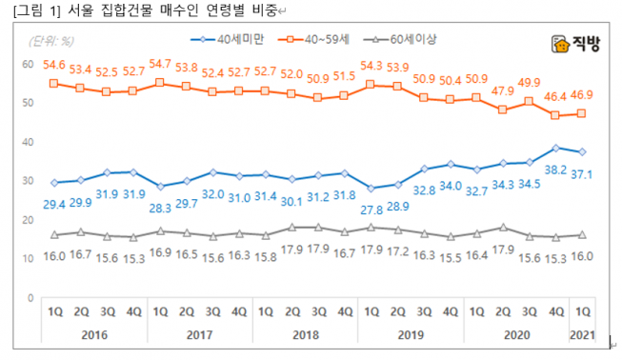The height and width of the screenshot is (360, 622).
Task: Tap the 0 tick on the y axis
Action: [31, 297]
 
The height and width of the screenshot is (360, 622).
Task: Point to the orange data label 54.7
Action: [160, 64]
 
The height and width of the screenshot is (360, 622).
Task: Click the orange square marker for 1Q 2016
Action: [54, 84]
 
